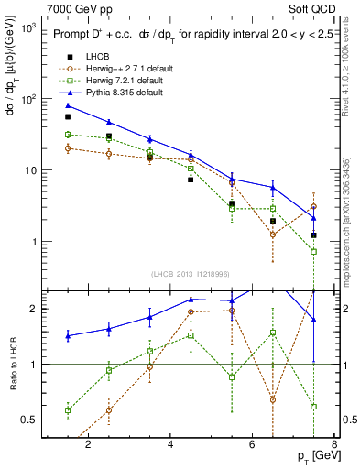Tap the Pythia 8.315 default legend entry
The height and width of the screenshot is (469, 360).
tap(124, 93)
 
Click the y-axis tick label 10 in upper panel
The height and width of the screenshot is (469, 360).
tap(29, 170)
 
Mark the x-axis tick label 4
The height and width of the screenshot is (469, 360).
tap(171, 444)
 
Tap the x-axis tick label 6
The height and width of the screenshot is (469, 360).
tap(254, 444)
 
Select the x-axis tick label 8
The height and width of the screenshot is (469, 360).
tap(334, 444)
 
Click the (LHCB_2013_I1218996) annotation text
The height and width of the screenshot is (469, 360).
tap(191, 274)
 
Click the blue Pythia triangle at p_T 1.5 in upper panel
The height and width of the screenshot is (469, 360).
tap(68, 105)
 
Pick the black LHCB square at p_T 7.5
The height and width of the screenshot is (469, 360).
tap(313, 235)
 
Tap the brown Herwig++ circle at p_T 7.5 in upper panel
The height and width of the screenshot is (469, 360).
tap(313, 206)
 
